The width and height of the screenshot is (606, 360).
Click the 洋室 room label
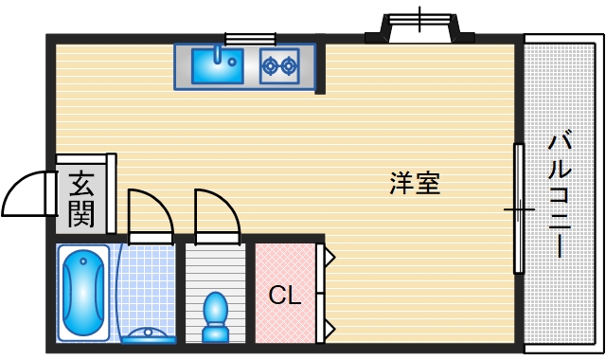[415, 183]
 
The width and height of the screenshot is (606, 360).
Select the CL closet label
[284, 296]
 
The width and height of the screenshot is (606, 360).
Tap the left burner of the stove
[270, 65]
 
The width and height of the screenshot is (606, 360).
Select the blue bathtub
[84, 293]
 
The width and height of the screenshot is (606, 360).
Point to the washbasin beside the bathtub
[149, 333]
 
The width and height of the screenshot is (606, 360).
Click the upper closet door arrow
[329, 256]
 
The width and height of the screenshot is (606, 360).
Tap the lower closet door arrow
[329, 330]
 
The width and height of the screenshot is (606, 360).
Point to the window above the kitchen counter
[250, 39]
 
